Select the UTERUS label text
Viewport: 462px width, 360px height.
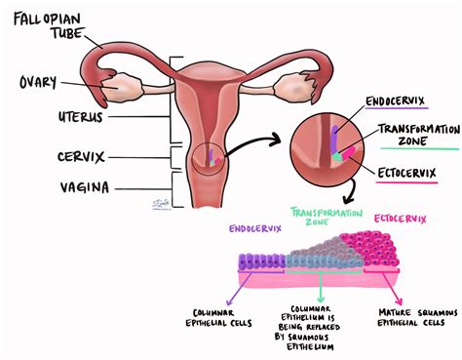click(34, 117)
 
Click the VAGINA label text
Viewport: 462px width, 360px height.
click(34, 187)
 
